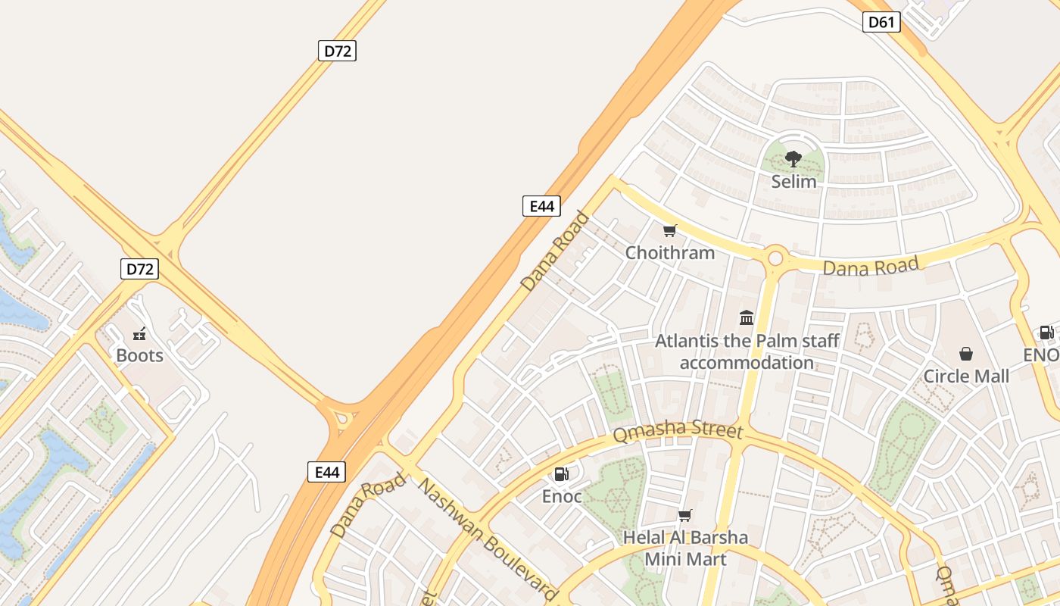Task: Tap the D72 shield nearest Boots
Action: pos(139,268)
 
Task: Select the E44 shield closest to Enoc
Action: pos(327,472)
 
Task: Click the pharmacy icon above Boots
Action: pos(139,333)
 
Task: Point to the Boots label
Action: pos(139,355)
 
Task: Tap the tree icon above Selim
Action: pos(793,159)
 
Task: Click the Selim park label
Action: pos(793,182)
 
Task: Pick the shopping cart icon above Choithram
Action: pos(669,230)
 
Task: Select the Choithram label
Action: pos(669,252)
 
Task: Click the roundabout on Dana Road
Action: pos(775,258)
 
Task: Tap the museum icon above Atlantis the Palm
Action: pos(747,317)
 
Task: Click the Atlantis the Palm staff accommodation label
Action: pos(747,351)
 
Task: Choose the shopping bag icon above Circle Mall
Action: pos(966,354)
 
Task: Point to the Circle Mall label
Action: pos(966,376)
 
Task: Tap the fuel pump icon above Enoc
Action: pos(561,474)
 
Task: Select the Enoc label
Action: pos(561,497)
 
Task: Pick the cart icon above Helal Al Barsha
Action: pos(685,516)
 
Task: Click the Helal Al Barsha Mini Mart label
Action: pos(685,548)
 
